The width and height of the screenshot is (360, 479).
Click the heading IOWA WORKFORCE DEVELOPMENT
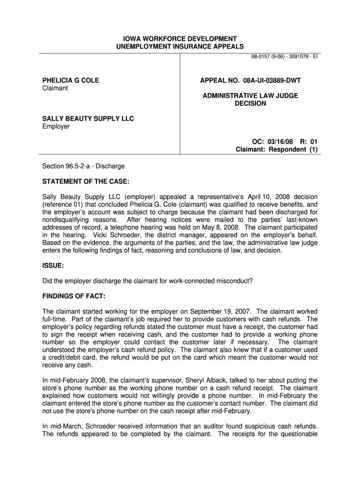180,38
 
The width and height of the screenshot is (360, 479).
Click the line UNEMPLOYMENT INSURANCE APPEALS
180,46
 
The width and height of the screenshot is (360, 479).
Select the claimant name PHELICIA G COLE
71,80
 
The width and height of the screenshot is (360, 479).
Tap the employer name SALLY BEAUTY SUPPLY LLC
88,119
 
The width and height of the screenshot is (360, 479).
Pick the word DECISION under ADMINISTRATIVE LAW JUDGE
250,103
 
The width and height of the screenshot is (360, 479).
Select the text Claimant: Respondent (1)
276,149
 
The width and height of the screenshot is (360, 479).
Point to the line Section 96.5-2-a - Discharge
84,166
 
